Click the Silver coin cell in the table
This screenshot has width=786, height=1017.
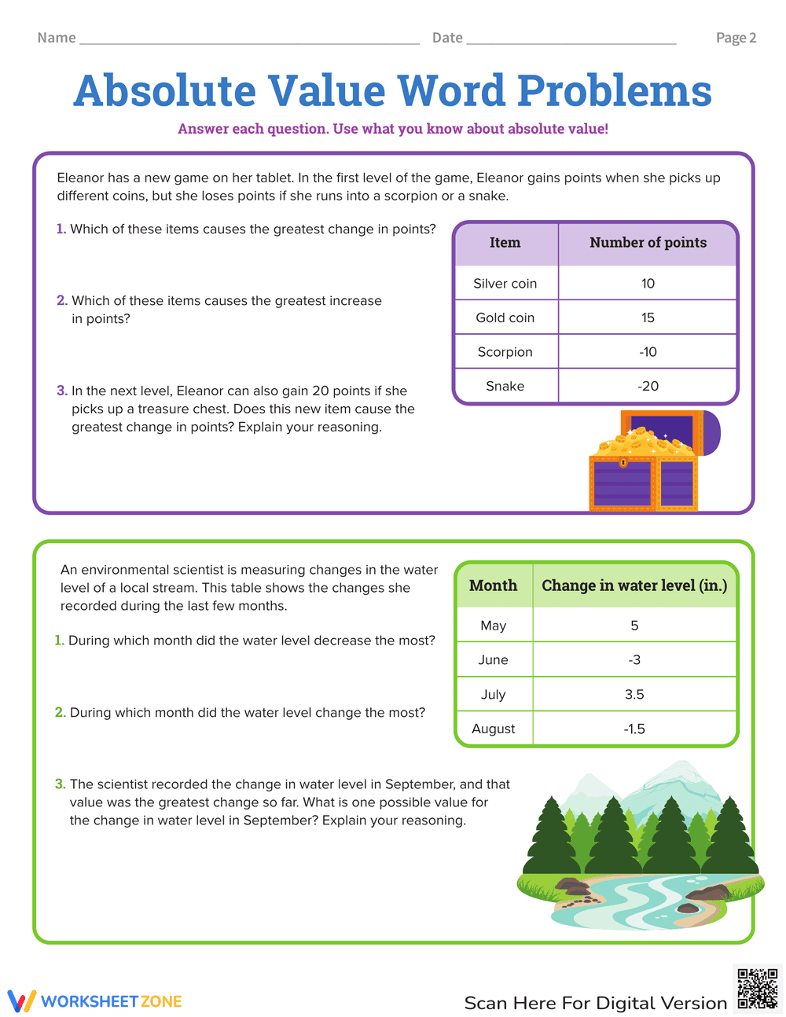pyautogui.click(x=505, y=284)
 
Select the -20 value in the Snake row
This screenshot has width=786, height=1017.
pyautogui.click(x=648, y=386)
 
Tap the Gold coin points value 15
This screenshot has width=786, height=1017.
pyautogui.click(x=648, y=318)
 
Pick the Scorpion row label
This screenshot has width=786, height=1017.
pyautogui.click(x=505, y=352)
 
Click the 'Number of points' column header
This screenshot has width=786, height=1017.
pyautogui.click(x=648, y=243)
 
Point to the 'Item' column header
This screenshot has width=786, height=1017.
pyautogui.click(x=505, y=243)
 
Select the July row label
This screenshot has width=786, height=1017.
pyautogui.click(x=493, y=694)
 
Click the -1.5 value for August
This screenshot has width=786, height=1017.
pyautogui.click(x=634, y=729)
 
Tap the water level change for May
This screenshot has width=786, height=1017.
pyautogui.click(x=634, y=626)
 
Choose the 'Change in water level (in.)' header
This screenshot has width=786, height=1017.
pyautogui.click(x=634, y=586)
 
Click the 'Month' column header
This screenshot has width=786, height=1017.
pyautogui.click(x=493, y=586)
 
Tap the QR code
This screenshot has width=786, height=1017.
pyautogui.click(x=757, y=989)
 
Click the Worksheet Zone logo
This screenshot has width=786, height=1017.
pyautogui.click(x=94, y=1001)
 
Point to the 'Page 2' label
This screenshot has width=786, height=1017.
pyautogui.click(x=736, y=38)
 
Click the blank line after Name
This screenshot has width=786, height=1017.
pyautogui.click(x=249, y=39)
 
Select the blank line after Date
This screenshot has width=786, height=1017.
pyautogui.click(x=571, y=39)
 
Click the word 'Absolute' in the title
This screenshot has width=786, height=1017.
pyautogui.click(x=165, y=91)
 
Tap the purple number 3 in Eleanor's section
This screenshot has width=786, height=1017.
pyautogui.click(x=61, y=391)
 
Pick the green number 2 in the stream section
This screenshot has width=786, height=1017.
pyautogui.click(x=60, y=712)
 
